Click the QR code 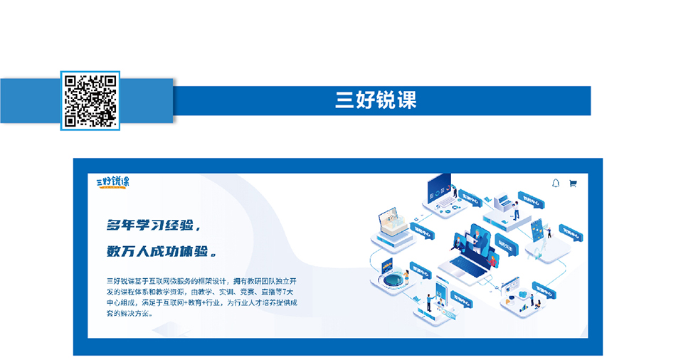click(x=90, y=100)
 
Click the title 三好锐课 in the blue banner click(x=376, y=100)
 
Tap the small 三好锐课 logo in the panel click(x=113, y=182)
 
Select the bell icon click(x=556, y=184)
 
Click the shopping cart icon click(x=573, y=184)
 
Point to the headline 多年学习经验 click(x=151, y=226)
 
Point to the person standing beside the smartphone click(x=428, y=302)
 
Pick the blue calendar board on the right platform click(x=539, y=229)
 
